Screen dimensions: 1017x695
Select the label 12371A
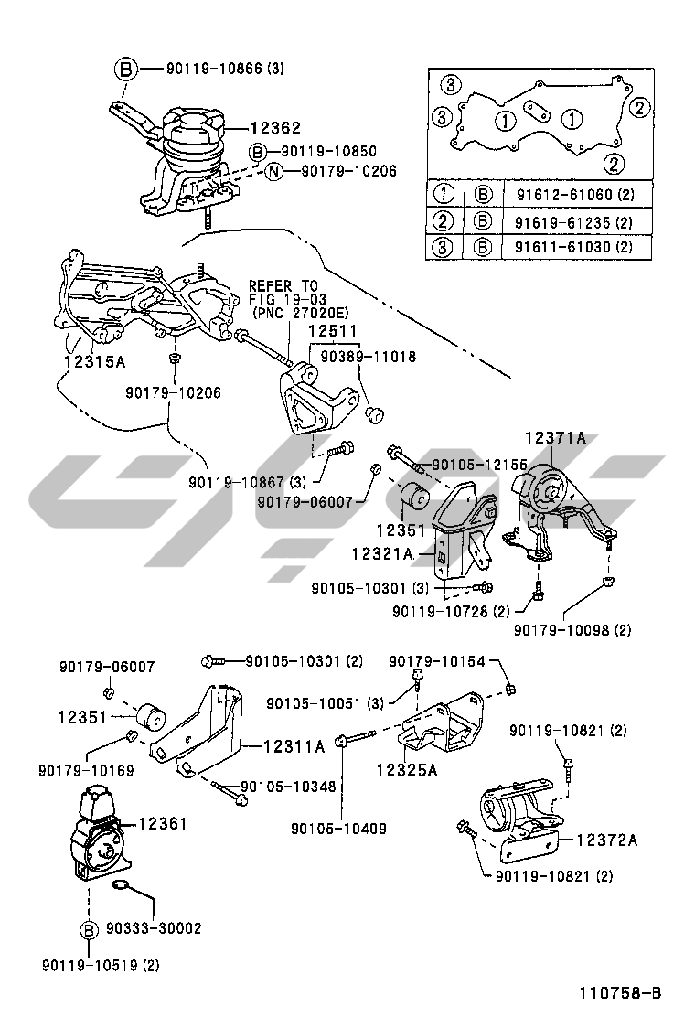(x=555, y=438)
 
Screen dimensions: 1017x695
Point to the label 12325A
(x=406, y=770)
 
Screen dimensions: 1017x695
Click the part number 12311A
(x=294, y=746)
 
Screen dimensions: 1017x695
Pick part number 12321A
(x=382, y=553)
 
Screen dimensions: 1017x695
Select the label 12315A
(x=94, y=360)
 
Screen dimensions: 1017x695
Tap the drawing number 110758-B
(x=619, y=992)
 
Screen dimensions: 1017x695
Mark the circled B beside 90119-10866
(x=126, y=69)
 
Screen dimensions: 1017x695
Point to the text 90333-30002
(x=155, y=928)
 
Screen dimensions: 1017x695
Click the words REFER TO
(x=283, y=285)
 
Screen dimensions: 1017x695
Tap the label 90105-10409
(x=338, y=830)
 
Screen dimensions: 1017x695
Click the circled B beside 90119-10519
(x=89, y=931)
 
